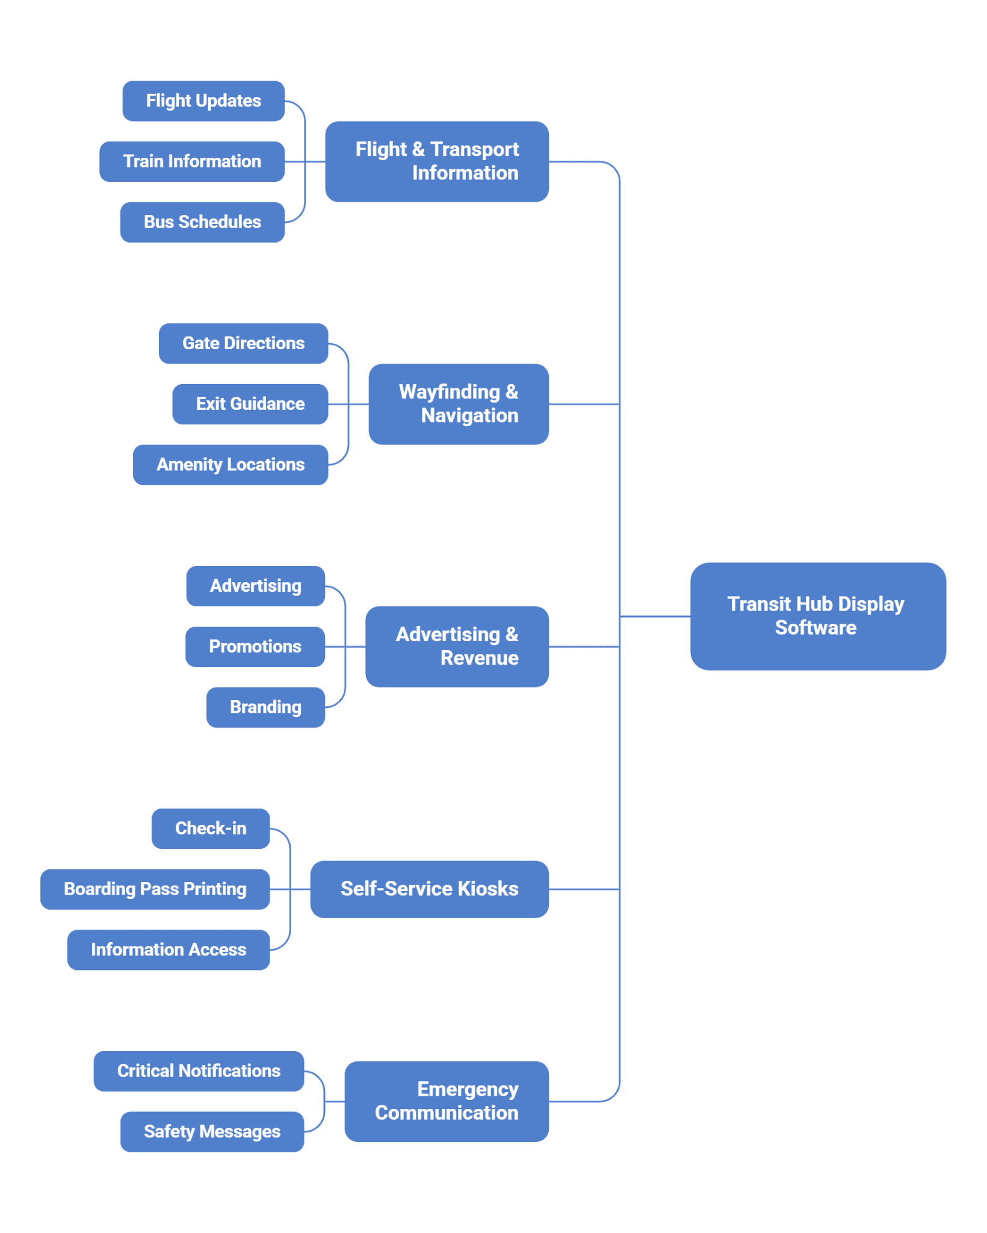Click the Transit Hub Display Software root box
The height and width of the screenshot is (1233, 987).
818,616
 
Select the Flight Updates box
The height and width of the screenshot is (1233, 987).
203,101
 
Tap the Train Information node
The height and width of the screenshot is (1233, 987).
192,161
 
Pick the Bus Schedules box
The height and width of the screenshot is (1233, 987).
202,222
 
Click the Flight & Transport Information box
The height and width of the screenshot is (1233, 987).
437,161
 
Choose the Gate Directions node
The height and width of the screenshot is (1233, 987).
243,343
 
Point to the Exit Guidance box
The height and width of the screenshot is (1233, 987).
250,404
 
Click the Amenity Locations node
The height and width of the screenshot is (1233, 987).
231,465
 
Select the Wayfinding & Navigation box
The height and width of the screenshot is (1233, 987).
459,404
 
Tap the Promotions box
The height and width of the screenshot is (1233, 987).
255,647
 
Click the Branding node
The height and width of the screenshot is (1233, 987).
265,707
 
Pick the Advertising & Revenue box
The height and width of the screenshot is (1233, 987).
457,647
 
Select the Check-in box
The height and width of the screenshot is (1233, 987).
211,828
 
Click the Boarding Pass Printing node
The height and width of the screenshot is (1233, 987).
155,889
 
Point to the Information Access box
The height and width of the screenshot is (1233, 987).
169,950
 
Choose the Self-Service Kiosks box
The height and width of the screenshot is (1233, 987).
430,889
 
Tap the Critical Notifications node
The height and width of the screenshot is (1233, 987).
199,1071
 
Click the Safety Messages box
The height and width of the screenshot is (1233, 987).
212,1132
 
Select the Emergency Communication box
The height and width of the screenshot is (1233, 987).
447,1101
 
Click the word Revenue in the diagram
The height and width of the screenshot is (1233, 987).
479,658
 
